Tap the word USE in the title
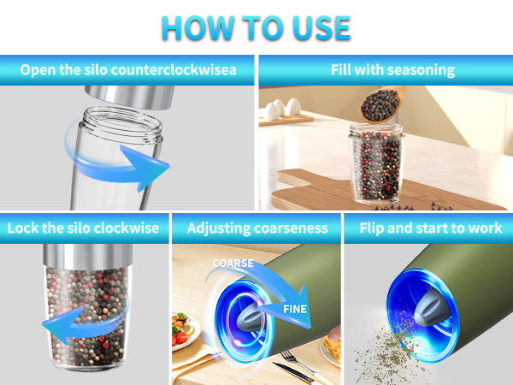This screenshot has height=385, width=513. click(x=321, y=28)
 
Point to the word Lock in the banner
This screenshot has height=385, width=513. click(x=22, y=228)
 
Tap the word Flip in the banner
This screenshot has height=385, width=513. click(x=372, y=228)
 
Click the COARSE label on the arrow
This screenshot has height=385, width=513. click(x=233, y=264)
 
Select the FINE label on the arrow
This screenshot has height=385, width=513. click(x=295, y=309)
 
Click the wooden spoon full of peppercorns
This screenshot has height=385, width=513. click(x=382, y=104)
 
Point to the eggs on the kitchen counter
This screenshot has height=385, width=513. click(x=282, y=109)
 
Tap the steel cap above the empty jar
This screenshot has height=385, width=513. click(x=130, y=97)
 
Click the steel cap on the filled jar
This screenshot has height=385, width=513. click(x=88, y=255)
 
